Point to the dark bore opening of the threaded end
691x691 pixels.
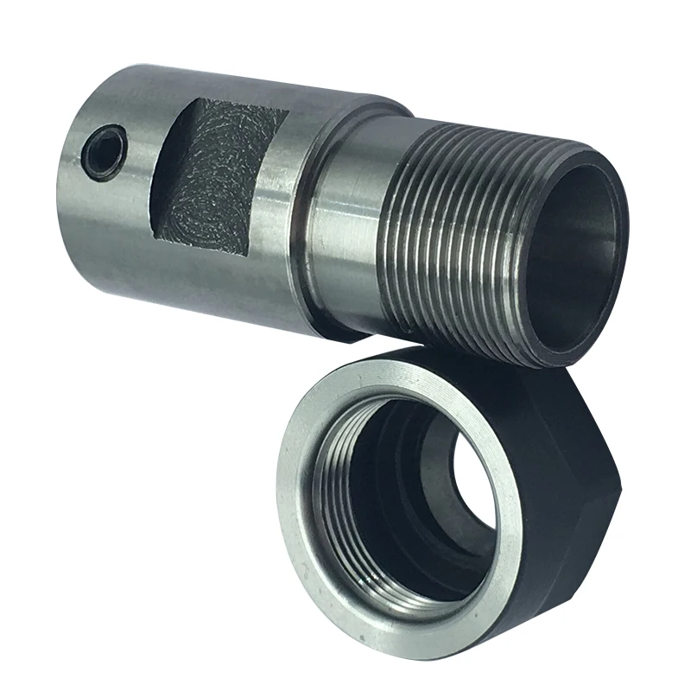574,259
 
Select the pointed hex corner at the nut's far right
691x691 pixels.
636,471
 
